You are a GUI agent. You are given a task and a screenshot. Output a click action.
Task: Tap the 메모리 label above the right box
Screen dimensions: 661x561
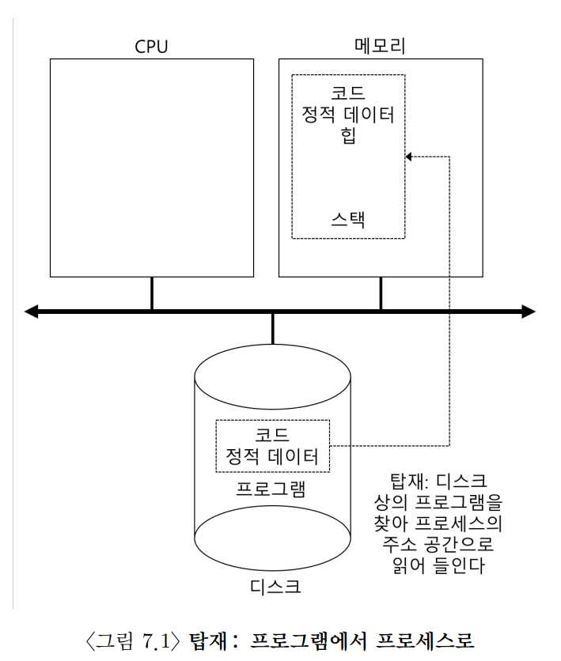tap(380, 46)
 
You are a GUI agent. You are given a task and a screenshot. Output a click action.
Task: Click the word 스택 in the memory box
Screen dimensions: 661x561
tap(348, 219)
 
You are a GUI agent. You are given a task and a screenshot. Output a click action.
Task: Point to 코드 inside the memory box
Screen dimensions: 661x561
tap(348, 93)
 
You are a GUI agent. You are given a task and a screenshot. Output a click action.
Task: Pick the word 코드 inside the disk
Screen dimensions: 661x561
tap(272, 435)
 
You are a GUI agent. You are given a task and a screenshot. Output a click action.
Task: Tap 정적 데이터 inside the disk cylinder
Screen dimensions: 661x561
tap(272, 456)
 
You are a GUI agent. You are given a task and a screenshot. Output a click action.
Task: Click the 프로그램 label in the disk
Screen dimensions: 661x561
tap(271, 487)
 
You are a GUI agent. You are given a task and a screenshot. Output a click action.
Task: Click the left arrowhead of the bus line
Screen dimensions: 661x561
tap(32, 312)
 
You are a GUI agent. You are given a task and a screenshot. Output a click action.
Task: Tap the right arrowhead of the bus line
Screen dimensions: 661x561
tap(529, 312)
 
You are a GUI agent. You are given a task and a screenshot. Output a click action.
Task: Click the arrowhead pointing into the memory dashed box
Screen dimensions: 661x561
tap(409, 157)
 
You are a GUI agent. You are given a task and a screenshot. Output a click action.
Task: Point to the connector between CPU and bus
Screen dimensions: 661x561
tap(152, 293)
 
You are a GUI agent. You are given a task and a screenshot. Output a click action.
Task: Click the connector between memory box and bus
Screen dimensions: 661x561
tap(381, 293)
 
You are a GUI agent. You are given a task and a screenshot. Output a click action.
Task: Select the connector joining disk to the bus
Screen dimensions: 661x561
tap(273, 328)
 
